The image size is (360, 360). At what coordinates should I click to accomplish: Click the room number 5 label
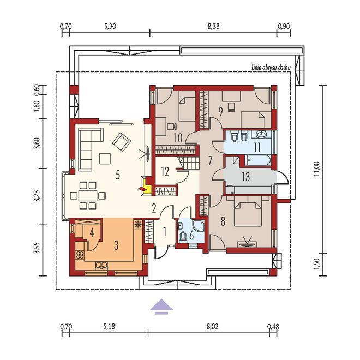coord(118,175)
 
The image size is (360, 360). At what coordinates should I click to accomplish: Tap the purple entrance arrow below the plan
coord(161,307)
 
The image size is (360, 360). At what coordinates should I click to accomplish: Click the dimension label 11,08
coord(317,169)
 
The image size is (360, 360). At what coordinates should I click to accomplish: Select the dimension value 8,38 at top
coord(213,26)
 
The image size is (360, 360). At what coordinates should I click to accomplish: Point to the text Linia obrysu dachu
coord(271,68)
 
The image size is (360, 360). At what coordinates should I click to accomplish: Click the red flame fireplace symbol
coord(141,189)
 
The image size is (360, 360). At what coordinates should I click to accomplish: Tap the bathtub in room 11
coord(258,160)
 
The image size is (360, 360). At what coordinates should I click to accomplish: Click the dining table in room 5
coord(88,196)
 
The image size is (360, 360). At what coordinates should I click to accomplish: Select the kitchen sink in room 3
coord(101,266)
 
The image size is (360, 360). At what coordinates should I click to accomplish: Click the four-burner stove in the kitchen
coord(80,255)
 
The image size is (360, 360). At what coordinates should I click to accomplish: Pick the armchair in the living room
coord(122,142)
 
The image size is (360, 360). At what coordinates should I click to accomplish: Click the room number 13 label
coord(245,177)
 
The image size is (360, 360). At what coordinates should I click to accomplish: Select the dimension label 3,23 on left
coord(37,196)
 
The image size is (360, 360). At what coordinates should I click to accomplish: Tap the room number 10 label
coord(178,138)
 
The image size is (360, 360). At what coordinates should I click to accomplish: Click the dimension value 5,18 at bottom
coord(109,326)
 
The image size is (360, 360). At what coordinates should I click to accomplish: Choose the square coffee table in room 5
coord(105,158)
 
